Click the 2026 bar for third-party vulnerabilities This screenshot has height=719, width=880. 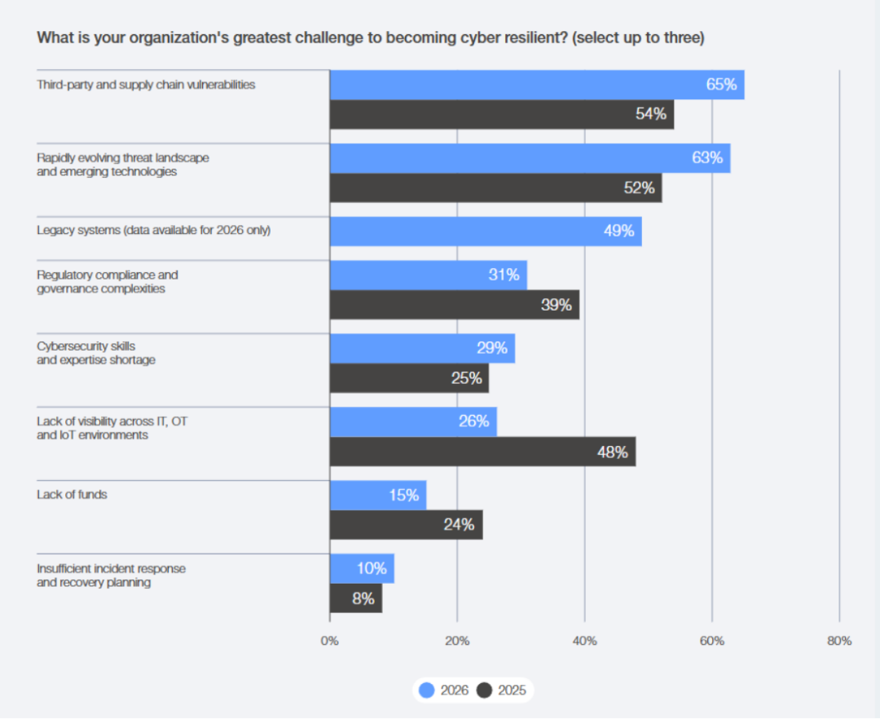536,85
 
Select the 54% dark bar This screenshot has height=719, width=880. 501,114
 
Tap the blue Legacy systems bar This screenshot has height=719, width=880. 485,232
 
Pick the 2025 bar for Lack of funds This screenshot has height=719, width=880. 406,525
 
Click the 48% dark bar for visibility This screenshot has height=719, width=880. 482,452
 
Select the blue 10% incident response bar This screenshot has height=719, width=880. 362,568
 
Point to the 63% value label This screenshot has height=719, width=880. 707,158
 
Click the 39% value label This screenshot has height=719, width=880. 556,305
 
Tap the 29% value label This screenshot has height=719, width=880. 491,348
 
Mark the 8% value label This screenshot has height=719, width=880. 363,598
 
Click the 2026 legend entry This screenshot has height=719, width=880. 445,690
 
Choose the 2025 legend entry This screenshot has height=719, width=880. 502,690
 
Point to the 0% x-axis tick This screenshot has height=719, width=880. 329,641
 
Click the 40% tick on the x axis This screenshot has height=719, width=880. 584,641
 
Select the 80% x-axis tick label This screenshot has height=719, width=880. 838,641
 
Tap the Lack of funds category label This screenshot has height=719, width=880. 72,494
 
